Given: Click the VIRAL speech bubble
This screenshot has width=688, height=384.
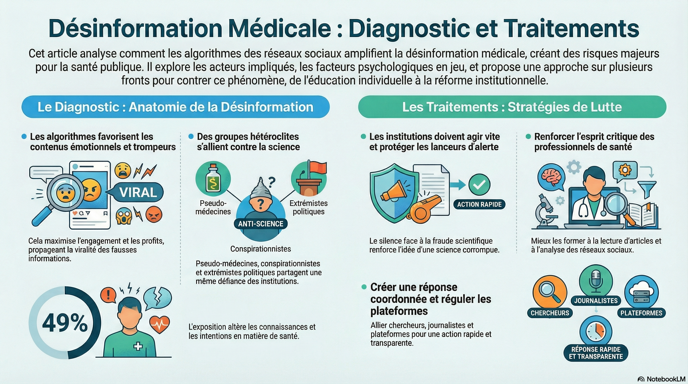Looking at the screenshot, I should coord(138,192).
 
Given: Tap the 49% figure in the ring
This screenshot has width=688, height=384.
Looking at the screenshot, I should coord(65,323).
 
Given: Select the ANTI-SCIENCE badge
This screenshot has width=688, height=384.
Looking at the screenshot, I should coord(260,224).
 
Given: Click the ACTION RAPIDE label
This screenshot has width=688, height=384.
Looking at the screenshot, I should coord(479,204).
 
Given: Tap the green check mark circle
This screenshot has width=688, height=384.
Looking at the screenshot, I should coord(479,184).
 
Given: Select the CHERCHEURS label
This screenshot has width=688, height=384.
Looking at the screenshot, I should coord(550,313).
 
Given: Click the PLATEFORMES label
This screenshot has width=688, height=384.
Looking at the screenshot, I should coord(641,313).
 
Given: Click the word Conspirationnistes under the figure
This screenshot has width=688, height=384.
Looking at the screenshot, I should coord(260,249).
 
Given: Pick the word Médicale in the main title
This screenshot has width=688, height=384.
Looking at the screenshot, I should coord(280,28).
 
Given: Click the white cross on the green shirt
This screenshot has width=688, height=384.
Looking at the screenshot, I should coord(138,346).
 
